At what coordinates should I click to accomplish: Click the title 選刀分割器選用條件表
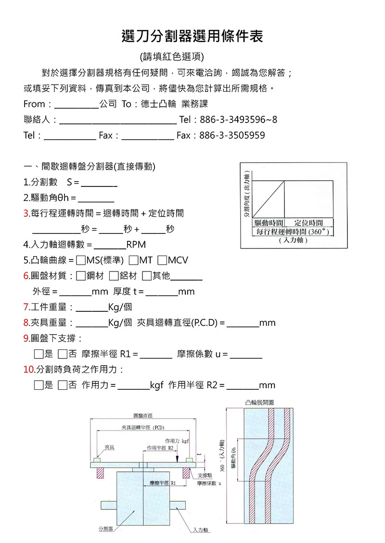point(192,36)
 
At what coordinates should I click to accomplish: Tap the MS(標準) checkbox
point(81,260)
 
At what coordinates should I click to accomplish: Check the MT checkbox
point(133,260)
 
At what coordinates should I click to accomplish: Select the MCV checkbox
point(162,260)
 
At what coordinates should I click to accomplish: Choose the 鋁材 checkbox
point(114,276)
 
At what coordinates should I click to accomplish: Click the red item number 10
point(28,370)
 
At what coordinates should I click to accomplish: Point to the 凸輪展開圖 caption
point(259,402)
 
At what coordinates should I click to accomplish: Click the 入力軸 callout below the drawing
point(199,530)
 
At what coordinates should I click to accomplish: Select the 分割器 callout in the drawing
point(105,529)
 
